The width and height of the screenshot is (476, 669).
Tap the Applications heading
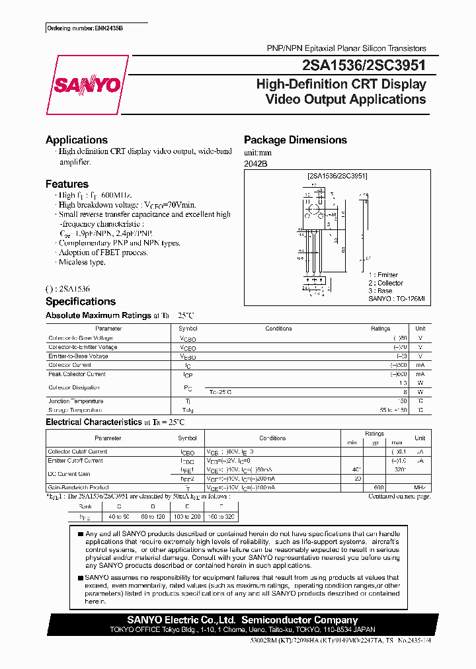tap(76, 140)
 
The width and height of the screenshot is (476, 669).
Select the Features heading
tap(67, 184)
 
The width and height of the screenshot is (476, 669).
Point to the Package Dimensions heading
tap(295, 140)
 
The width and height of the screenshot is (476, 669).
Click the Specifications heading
tap(80, 301)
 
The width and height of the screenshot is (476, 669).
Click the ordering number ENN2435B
tap(85, 29)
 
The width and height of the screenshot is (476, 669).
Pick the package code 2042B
tap(257, 163)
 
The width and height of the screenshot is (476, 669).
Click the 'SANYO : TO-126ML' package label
tap(400, 299)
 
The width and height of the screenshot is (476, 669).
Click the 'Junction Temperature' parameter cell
tap(75, 401)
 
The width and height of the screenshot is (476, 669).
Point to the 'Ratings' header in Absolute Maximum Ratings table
tap(381, 329)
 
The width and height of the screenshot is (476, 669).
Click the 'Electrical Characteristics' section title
tap(93, 422)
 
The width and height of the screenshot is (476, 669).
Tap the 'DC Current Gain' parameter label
tap(70, 474)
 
